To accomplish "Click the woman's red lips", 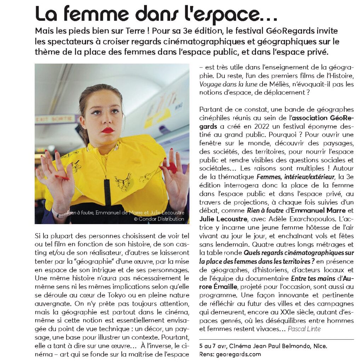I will tap(108, 130).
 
